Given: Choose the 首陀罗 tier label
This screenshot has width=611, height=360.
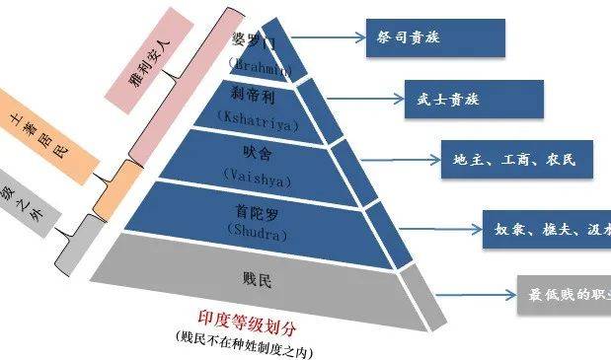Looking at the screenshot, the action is (255, 213).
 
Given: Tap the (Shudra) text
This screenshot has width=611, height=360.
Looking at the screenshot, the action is (255, 234).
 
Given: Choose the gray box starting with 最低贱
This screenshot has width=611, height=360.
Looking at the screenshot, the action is (562, 294).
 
